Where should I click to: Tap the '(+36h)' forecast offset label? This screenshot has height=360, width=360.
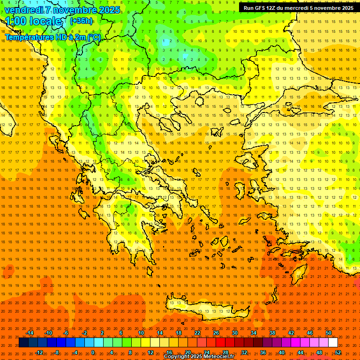pos(81,21)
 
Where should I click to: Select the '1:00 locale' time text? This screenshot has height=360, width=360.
pos(33,21)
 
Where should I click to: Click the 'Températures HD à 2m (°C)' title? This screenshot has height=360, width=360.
pos(53,37)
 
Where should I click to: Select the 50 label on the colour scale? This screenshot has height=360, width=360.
pos(329,333)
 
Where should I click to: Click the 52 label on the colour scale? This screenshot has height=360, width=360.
pos(338,352)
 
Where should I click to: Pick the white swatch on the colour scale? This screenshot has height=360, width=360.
pos(333,343)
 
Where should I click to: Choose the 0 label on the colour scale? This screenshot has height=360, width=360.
pos(92,352)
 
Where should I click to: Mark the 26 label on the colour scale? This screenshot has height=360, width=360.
pos(216,333)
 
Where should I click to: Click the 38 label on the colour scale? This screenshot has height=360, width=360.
pos(272,333)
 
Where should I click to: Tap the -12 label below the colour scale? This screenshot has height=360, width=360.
pos(39,352)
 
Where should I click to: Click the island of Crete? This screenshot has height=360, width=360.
pos(206,309)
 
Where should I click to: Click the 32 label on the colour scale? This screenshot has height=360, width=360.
pos(244,352)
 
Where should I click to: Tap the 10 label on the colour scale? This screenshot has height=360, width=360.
pos(141,333)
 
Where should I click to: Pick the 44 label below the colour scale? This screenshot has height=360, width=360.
pos(300,352)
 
